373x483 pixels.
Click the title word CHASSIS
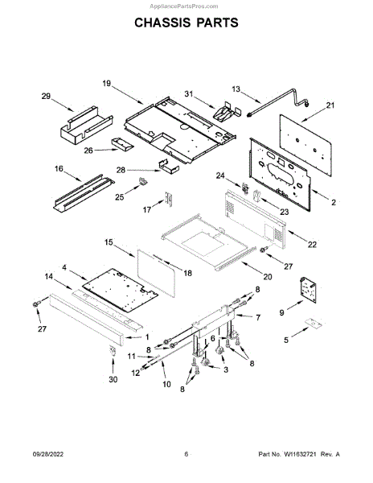pyautogui.click(x=161, y=23)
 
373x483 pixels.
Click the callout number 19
pyautogui.click(x=106, y=84)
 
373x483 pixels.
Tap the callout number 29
pyautogui.click(x=46, y=97)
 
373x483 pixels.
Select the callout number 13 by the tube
pyautogui.click(x=236, y=89)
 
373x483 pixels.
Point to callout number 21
pyautogui.click(x=330, y=105)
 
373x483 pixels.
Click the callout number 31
pyautogui.click(x=188, y=93)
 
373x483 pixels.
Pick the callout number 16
pyautogui.click(x=59, y=169)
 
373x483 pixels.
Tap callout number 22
pyautogui.click(x=312, y=244)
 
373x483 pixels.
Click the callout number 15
pyautogui.click(x=109, y=242)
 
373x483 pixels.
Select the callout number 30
pyautogui.click(x=113, y=379)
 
